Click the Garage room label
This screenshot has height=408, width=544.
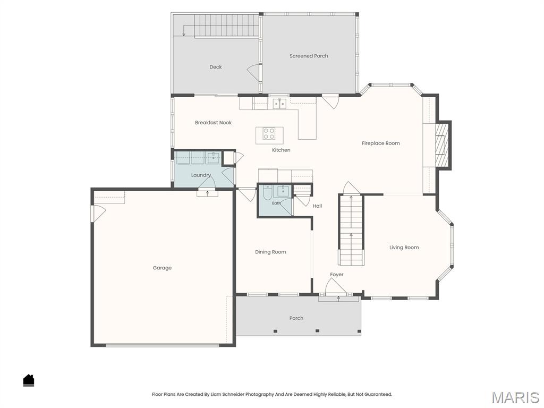point(162,268)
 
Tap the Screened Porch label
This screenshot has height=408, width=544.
point(309,56)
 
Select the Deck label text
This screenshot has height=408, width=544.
point(216,67)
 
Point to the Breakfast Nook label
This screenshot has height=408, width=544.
point(213,123)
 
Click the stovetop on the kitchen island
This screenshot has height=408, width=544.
point(269,133)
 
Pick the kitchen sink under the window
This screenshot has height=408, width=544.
point(279,104)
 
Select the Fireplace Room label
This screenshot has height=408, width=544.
point(380,143)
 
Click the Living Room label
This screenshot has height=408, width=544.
point(404,248)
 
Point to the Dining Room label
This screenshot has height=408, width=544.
point(270,252)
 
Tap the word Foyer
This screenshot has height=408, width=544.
point(336,275)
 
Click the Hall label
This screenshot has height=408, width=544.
point(317,206)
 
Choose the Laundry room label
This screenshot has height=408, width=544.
point(201,175)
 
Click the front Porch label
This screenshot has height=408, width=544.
point(296,318)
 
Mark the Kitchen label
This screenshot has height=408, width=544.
point(281,150)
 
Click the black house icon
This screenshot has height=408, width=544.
point(29,380)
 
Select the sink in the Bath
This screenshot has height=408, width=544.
point(283,191)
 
